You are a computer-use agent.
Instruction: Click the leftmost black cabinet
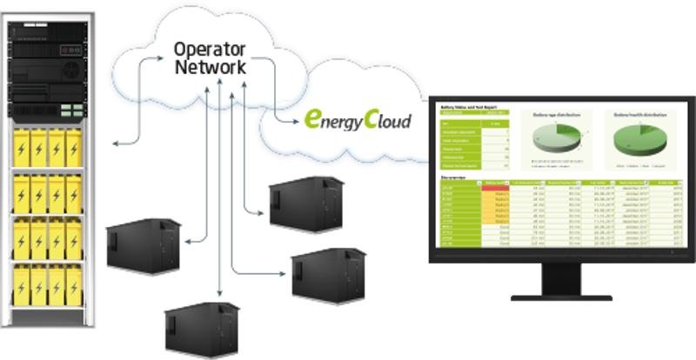tap(144, 245)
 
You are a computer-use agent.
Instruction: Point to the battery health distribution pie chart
tap(639, 140)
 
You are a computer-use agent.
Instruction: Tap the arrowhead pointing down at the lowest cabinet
tap(218, 297)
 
